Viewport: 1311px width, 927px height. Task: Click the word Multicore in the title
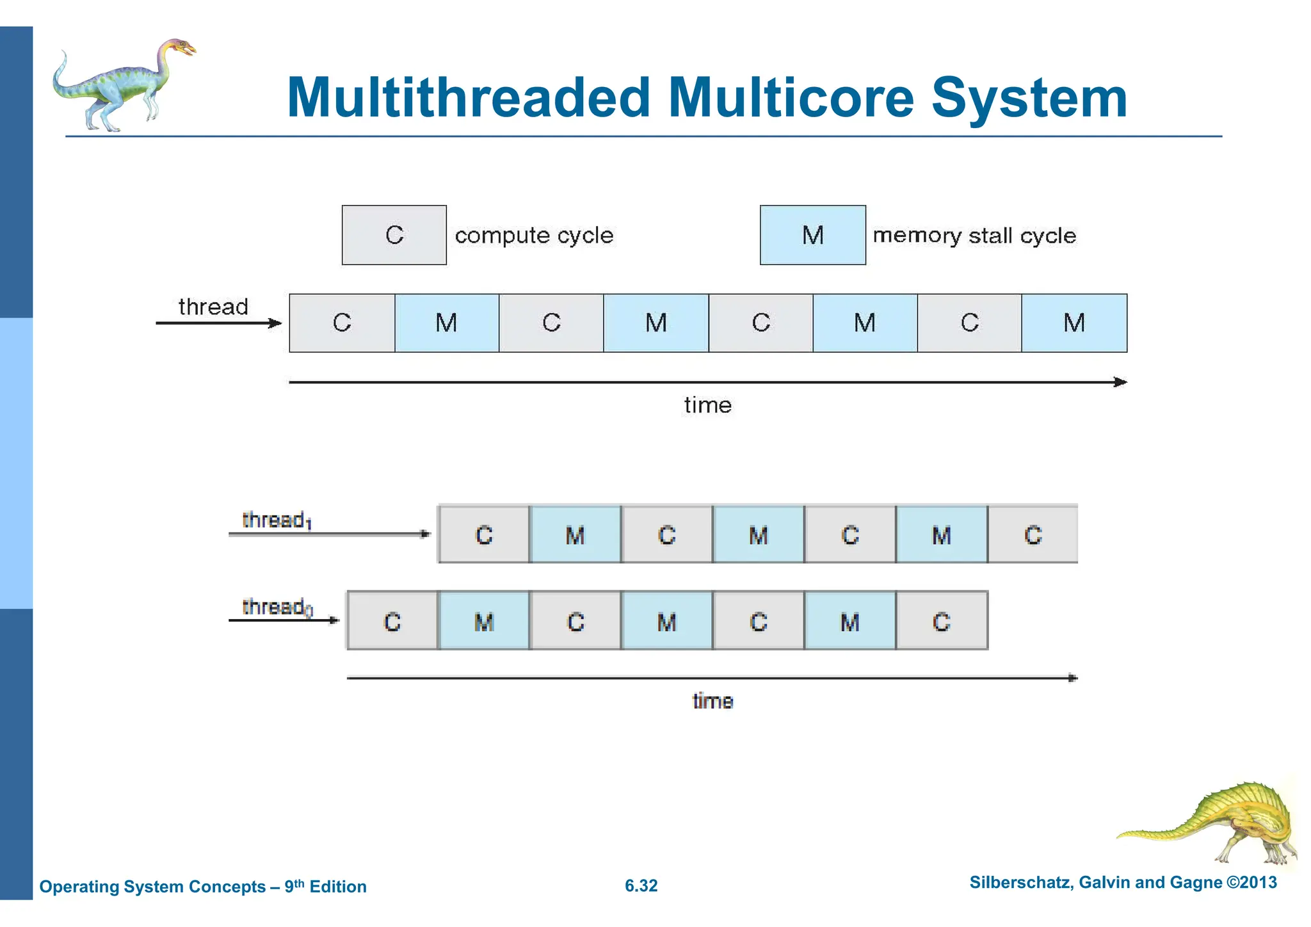pos(791,98)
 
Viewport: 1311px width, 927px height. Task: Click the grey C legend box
pos(394,235)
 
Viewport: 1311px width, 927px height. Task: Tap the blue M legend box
pos(812,235)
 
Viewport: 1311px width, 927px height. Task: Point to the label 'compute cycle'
pos(534,236)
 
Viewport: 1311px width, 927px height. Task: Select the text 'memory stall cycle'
pos(974,236)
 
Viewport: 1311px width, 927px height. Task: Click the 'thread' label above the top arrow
pos(213,307)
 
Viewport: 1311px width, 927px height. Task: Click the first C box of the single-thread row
pos(342,323)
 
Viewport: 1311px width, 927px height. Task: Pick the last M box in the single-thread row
pos(1074,323)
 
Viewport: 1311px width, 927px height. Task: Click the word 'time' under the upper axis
pos(707,405)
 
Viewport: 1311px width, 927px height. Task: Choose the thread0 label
pos(277,607)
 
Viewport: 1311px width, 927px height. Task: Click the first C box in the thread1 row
pos(484,535)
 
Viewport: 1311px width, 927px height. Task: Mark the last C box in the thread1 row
pos(1033,535)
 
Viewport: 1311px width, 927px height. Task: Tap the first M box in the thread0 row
pos(484,621)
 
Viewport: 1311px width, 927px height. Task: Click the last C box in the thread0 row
pos(941,621)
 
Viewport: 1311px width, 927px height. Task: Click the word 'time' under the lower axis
pos(712,701)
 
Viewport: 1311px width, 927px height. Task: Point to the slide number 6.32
pos(641,885)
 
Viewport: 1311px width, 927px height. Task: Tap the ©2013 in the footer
pos(1251,882)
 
